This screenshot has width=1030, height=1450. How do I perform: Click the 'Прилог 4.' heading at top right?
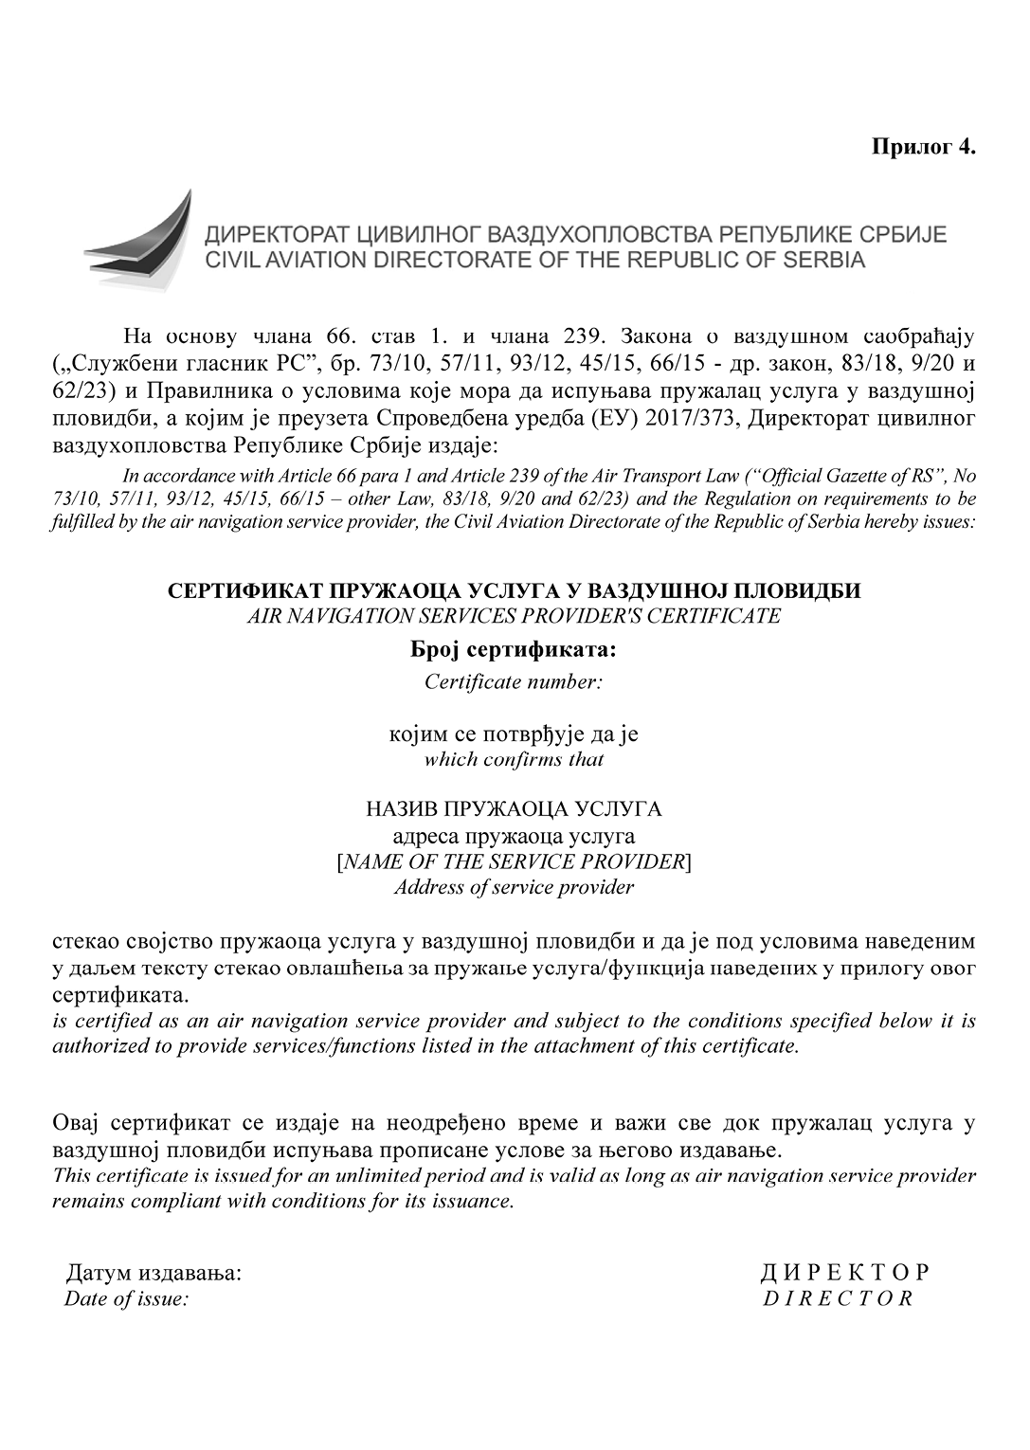(x=923, y=147)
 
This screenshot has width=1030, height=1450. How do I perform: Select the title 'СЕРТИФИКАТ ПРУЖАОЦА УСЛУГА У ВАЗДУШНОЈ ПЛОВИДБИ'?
(x=514, y=590)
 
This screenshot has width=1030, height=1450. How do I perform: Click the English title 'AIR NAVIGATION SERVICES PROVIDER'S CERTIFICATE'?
(x=514, y=616)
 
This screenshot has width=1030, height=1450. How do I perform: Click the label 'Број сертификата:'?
(x=514, y=651)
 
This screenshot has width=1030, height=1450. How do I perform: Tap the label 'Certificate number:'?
(x=514, y=681)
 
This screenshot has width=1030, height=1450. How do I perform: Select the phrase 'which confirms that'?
(x=514, y=759)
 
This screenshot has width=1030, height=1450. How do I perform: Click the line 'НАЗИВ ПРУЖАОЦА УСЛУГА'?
(x=514, y=809)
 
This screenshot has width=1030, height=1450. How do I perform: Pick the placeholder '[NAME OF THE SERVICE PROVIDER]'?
(x=514, y=861)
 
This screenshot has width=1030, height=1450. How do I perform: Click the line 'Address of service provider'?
(x=514, y=888)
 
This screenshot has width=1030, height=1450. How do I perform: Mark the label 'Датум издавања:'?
(x=154, y=1273)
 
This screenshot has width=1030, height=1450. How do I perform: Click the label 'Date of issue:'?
(x=127, y=1298)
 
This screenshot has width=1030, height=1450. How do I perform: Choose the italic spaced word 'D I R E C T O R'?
(x=838, y=1298)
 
